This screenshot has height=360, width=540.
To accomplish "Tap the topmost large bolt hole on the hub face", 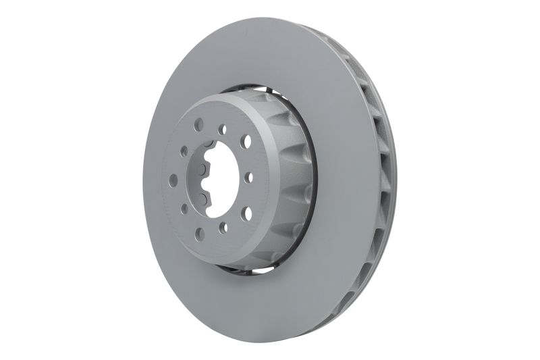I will pos(198,125).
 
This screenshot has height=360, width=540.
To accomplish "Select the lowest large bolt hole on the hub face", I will pos(200,234).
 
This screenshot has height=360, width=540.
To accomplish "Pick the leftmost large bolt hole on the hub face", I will pos(173,180).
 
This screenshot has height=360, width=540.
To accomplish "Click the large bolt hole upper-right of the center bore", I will pos(246,142).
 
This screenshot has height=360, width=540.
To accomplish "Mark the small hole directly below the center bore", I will pos(223,228).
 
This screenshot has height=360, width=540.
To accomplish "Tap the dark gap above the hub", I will pos(250,88).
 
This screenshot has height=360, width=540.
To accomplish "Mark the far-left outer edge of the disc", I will pos(144,182).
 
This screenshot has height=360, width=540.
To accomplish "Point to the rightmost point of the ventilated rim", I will pos(396,182).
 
